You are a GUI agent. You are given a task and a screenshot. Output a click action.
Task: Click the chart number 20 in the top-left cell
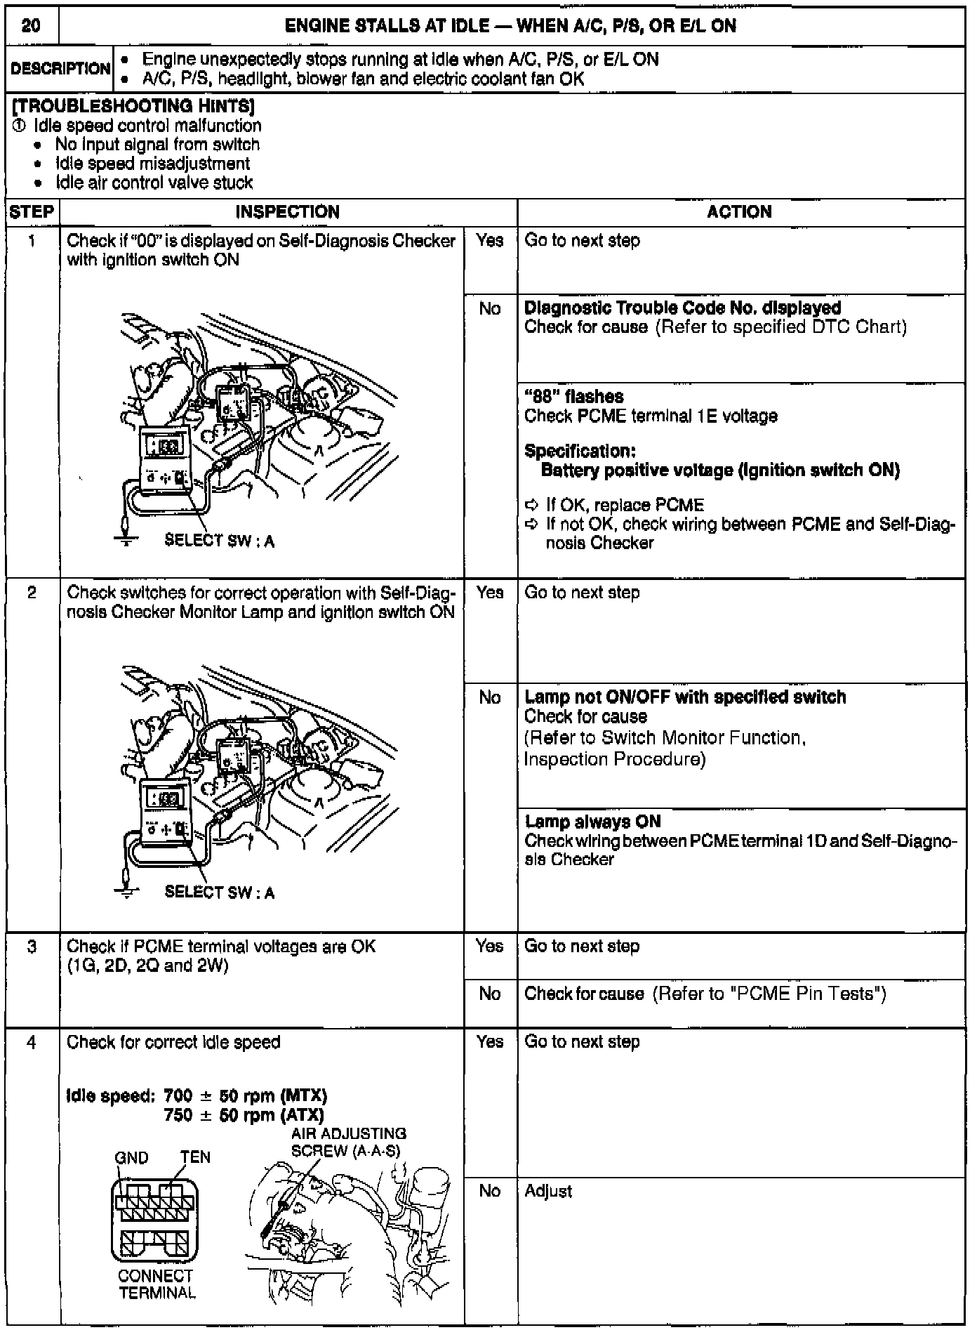click(x=31, y=26)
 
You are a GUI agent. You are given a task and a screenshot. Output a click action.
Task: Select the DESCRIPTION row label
click(x=60, y=69)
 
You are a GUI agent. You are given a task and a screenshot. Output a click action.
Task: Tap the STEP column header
click(x=32, y=212)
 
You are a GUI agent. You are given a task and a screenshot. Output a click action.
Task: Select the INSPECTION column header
click(x=287, y=212)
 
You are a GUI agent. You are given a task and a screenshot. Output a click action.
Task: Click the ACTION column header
click(x=739, y=212)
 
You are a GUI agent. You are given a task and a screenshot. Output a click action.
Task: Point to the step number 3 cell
click(x=32, y=947)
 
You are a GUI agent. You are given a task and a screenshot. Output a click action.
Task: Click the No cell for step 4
click(x=490, y=1191)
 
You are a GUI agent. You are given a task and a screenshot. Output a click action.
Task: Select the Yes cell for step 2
click(x=490, y=593)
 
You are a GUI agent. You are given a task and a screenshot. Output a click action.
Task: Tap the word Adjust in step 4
click(x=548, y=1191)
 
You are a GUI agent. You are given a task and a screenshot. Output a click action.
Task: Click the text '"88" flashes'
click(x=573, y=397)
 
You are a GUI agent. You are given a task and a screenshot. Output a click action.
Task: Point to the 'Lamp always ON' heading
click(x=592, y=822)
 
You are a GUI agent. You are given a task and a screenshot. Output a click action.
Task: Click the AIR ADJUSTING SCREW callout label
click(x=348, y=1142)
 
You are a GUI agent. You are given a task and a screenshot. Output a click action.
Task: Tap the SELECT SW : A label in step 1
click(x=219, y=541)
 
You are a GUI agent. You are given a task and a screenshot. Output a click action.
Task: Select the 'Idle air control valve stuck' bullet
click(x=154, y=183)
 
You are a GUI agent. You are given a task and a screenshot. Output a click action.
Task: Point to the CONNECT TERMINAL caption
click(x=156, y=1284)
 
